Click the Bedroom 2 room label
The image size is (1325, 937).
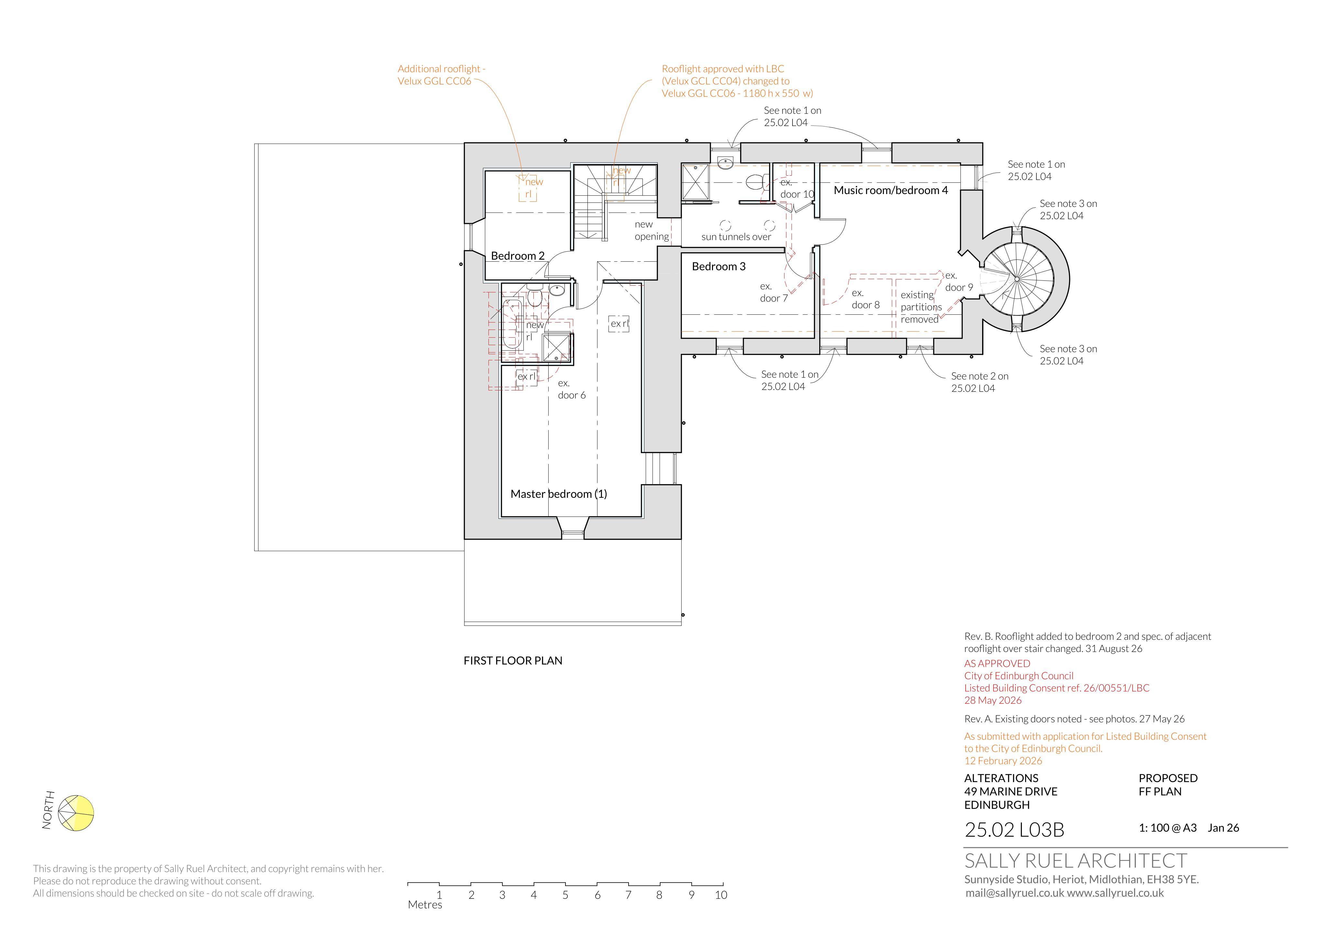[x=518, y=256]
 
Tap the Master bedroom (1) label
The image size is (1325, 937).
[x=559, y=494]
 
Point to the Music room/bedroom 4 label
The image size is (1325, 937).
[x=891, y=191]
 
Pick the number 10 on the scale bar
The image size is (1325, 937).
[x=721, y=895]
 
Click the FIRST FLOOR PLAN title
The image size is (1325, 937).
[x=512, y=661]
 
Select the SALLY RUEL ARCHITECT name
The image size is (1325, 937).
[x=1076, y=861]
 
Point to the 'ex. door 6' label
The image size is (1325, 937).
[x=571, y=389]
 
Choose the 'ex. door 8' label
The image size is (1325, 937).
[x=866, y=299]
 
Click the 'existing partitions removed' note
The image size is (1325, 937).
[x=921, y=307]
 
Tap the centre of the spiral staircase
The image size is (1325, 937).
[x=1016, y=279]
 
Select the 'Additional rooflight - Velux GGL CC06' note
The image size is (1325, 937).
[x=442, y=75]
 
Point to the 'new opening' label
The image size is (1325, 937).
[x=652, y=230]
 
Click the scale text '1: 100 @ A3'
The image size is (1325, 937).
[x=1167, y=828]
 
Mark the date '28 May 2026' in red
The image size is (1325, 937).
[x=992, y=701]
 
